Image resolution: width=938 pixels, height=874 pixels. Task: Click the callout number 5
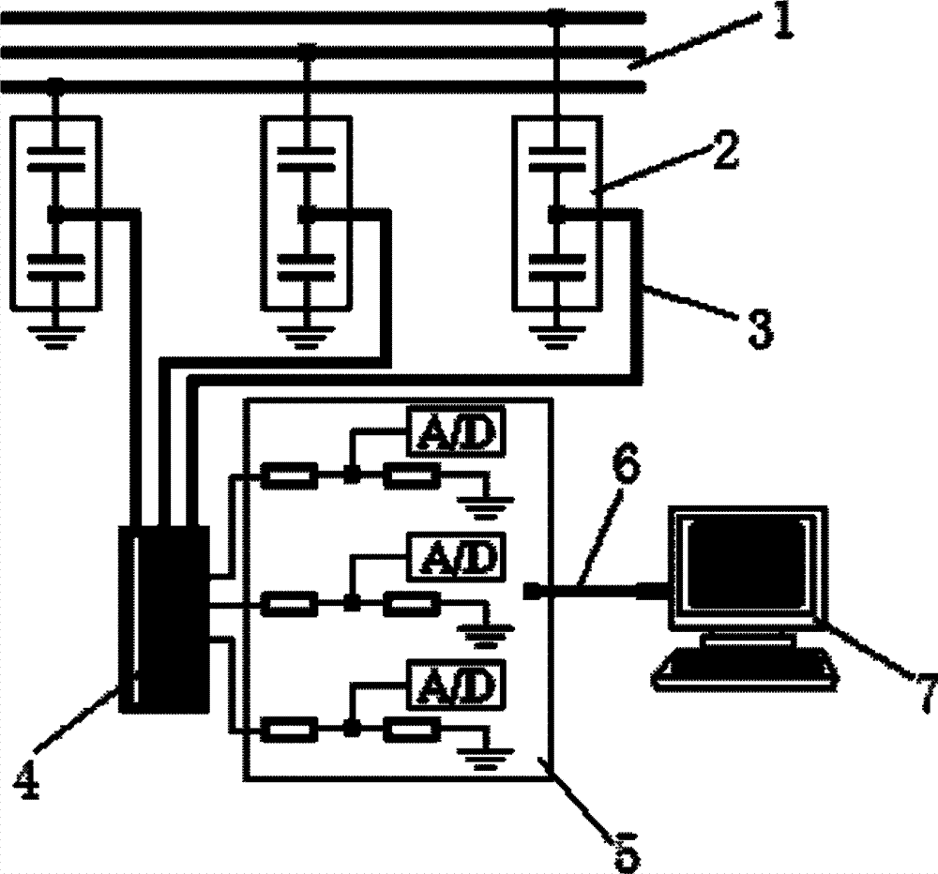pyautogui.click(x=626, y=851)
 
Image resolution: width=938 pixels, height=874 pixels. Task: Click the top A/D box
pyautogui.click(x=456, y=430)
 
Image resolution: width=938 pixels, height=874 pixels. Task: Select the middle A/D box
pyautogui.click(x=456, y=556)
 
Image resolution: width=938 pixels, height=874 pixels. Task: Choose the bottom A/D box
pyautogui.click(x=456, y=684)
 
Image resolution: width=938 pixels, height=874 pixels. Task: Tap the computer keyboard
pyautogui.click(x=745, y=669)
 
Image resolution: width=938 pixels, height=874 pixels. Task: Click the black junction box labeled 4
pyautogui.click(x=164, y=619)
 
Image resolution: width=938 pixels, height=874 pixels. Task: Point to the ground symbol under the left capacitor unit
pyautogui.click(x=55, y=338)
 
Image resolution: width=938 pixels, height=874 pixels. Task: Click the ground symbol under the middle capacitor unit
pyautogui.click(x=307, y=338)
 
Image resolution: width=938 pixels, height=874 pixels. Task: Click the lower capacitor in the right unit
pyautogui.click(x=557, y=268)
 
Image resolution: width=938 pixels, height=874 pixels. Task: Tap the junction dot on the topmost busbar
pyautogui.click(x=557, y=16)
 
